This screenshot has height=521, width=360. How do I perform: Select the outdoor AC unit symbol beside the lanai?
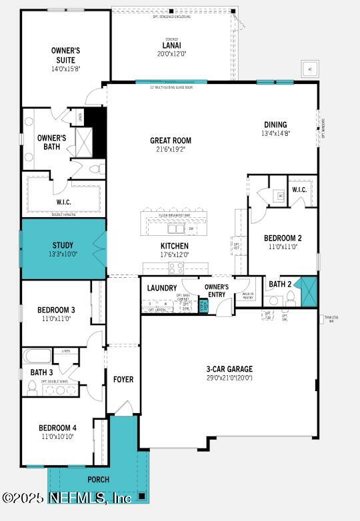point(309,69)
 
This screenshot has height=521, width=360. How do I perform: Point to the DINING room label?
point(275,125)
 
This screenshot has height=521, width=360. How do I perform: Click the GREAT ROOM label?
point(170,141)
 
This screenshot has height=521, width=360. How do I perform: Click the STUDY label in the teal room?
point(63,245)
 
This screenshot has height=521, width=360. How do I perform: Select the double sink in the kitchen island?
point(177,229)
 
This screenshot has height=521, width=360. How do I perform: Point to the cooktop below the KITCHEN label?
point(176,268)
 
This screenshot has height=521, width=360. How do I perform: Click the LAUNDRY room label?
point(162,288)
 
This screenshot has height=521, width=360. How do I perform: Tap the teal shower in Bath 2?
point(307,292)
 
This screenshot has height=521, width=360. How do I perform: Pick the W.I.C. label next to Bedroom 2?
point(299,190)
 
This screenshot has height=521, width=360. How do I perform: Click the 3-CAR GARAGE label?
point(229,369)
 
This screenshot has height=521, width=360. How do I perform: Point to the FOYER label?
point(123,379)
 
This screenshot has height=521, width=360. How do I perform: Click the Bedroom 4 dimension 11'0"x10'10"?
point(56,437)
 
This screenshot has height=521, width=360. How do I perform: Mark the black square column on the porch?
point(141,496)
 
